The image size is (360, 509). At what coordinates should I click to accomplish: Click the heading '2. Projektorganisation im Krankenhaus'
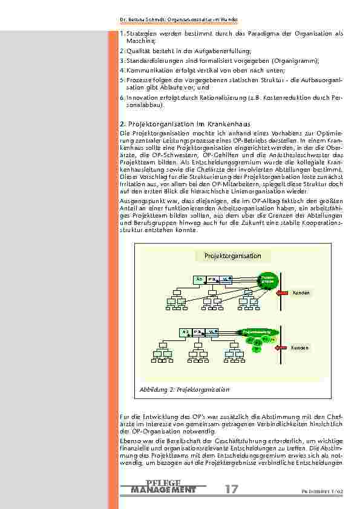tap(177, 123)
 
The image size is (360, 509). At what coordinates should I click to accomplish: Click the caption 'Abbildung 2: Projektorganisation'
tap(185, 390)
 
